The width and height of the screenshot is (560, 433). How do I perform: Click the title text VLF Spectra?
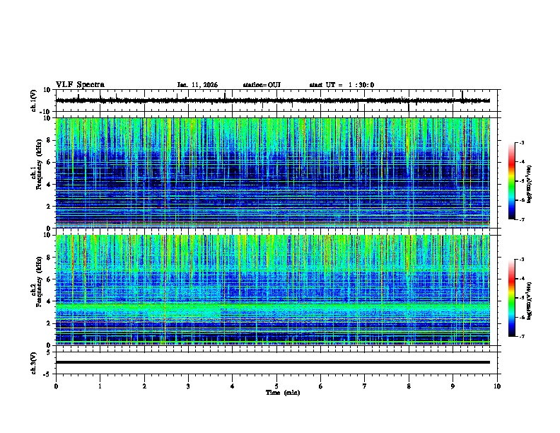[x=80, y=85]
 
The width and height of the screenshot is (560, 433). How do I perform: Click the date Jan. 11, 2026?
[x=197, y=85]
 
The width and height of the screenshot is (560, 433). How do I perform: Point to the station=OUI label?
[x=262, y=85]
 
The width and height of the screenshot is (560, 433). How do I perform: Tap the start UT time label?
[x=342, y=85]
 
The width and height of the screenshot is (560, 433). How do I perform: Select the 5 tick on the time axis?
[x=276, y=386]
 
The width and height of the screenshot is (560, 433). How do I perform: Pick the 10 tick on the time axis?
[x=497, y=386]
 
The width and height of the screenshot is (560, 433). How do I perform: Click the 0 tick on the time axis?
[x=56, y=386]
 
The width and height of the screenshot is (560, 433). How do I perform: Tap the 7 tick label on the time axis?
[x=365, y=386]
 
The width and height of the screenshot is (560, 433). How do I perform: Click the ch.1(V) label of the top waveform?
[x=34, y=100]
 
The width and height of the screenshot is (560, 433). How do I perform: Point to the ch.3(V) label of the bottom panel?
[x=34, y=362]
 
